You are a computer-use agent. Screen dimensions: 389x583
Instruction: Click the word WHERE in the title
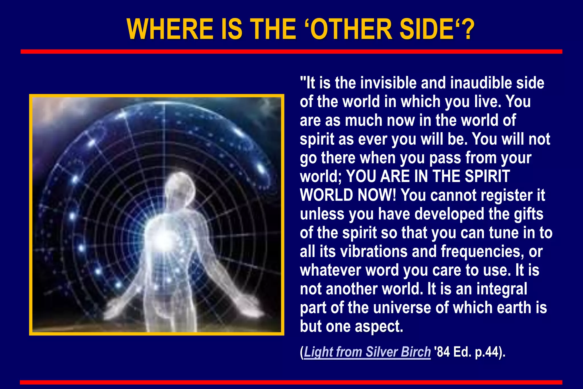(170, 29)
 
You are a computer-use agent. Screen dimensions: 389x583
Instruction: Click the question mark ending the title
(467, 29)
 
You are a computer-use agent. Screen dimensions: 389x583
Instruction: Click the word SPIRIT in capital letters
(487, 177)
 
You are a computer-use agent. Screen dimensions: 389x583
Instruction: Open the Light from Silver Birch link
(367, 352)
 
